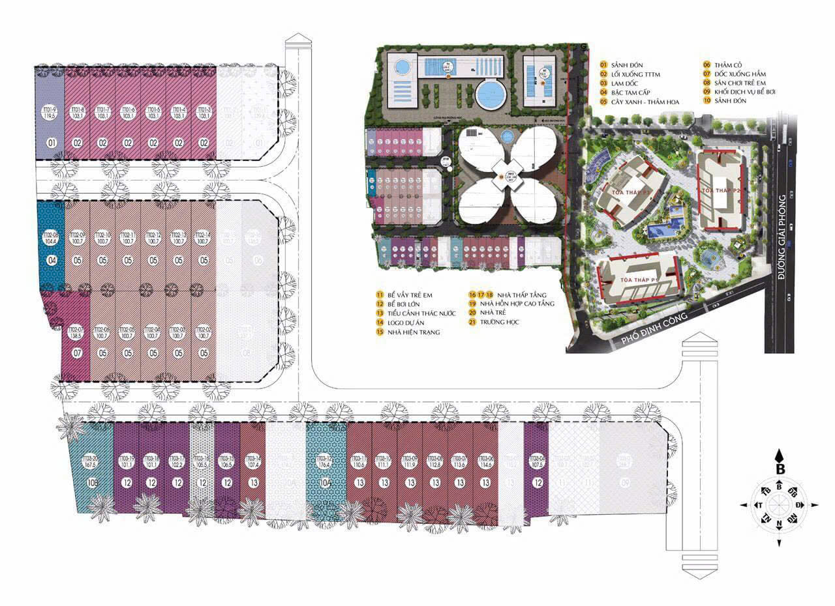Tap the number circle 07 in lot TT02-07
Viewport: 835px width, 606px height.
point(76,354)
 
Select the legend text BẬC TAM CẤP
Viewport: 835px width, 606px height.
point(631,93)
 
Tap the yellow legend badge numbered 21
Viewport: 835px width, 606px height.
point(472,323)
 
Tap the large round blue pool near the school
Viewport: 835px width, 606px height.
point(491,96)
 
